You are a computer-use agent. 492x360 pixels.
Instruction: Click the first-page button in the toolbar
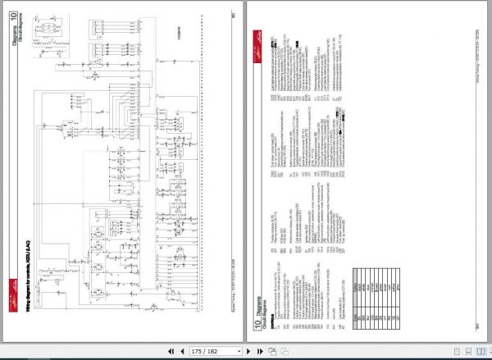(171, 351)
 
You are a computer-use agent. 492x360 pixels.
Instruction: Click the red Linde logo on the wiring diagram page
(12, 284)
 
